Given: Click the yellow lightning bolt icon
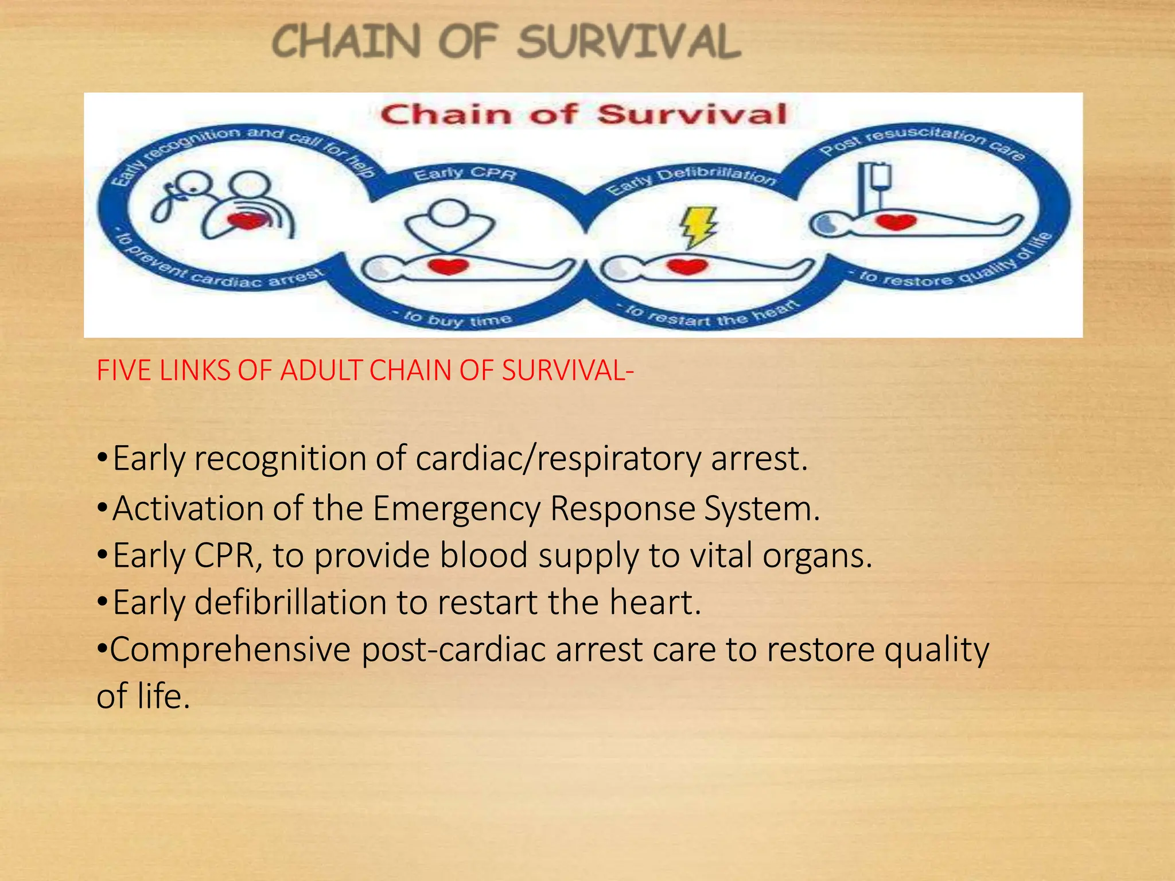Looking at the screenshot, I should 698,227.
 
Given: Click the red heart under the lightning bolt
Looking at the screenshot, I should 687,267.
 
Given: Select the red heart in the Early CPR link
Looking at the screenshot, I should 449,267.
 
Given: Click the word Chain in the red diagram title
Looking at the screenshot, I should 445,114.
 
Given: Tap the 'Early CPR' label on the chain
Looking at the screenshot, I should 465,174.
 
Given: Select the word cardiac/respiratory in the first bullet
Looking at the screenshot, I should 558,459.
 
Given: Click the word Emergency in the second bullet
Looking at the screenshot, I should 456,509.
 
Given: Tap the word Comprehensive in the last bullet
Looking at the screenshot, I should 230,650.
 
